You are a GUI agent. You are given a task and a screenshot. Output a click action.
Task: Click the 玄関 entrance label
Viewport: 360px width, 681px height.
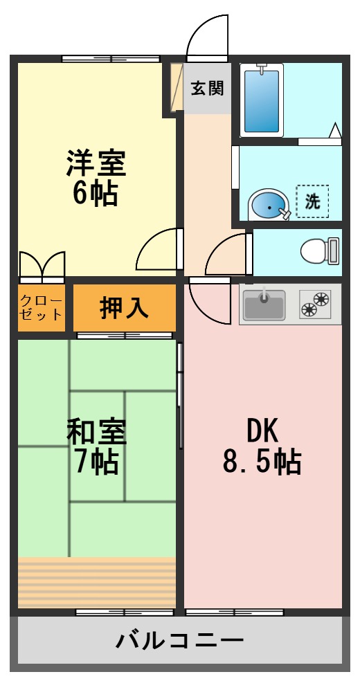(207, 89)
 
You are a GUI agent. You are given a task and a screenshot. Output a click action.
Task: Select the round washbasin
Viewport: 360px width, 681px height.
(267, 206)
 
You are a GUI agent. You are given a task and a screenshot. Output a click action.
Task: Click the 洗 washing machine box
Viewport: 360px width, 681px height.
(313, 201)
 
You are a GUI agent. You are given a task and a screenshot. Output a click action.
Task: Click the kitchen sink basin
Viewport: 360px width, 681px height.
(264, 305)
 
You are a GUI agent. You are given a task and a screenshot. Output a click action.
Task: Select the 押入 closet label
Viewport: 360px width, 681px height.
(124, 307)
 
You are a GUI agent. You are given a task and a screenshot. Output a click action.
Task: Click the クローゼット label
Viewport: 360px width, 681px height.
(42, 307)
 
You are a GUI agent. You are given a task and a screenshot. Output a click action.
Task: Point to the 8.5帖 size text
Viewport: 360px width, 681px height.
(262, 461)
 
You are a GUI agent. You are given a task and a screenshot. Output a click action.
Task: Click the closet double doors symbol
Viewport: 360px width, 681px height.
(42, 265)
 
